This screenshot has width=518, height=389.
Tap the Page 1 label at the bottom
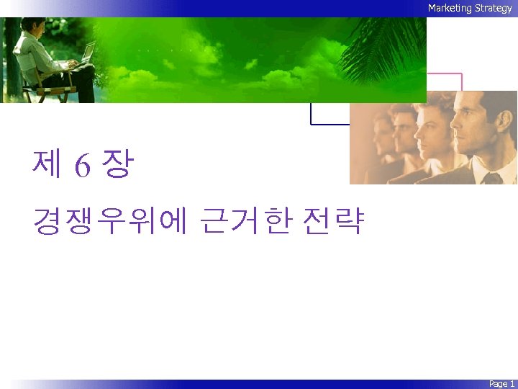[x=501, y=384]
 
